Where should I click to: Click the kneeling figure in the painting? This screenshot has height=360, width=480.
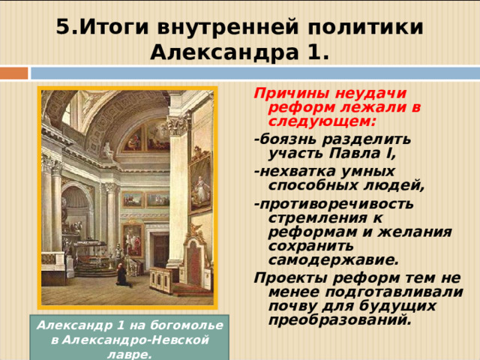tap(122, 275)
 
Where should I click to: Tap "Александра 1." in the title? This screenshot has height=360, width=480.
tap(239, 52)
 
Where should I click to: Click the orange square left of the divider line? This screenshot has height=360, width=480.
tap(13, 73)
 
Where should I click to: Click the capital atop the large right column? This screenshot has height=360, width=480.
tap(178, 124)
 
